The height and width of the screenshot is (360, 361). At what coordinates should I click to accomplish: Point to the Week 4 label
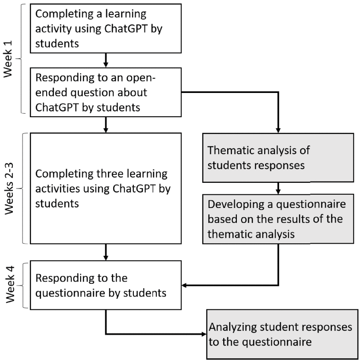9,285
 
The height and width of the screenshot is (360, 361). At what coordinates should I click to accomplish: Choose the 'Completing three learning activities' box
106,188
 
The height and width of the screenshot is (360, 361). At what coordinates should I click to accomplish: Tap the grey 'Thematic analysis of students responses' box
277,157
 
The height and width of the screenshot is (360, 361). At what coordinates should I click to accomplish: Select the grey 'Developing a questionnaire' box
277,219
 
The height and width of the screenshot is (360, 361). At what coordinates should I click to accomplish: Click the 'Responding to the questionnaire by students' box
106,285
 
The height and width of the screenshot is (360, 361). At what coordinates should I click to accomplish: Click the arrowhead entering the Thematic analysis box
278,129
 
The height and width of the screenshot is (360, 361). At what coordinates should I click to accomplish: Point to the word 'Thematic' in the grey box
229,150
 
